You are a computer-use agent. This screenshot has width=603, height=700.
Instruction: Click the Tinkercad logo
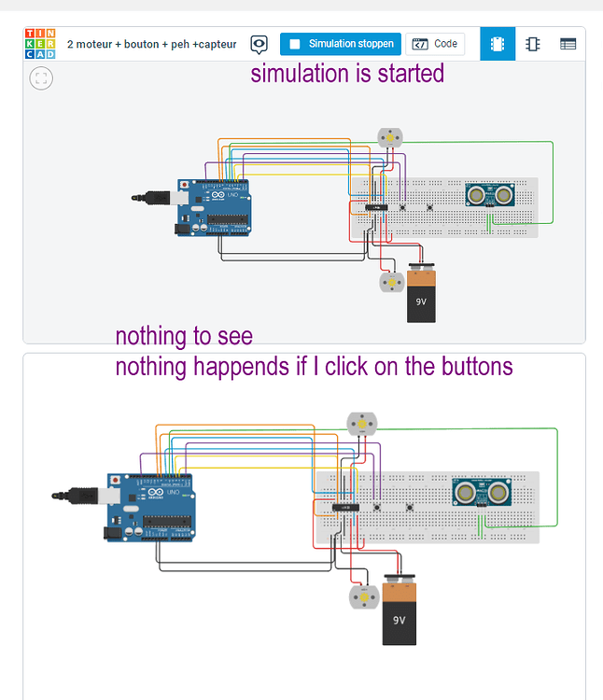(40, 44)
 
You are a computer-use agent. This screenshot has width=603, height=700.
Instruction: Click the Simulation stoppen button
(341, 44)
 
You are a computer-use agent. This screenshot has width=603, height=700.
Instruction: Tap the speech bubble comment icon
(259, 44)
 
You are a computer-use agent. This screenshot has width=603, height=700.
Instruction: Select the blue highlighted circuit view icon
(497, 44)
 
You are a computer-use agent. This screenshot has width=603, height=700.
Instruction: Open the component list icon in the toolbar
(568, 44)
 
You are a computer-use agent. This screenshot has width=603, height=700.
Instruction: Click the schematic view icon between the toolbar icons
(532, 44)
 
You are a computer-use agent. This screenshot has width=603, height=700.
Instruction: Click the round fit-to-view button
(42, 77)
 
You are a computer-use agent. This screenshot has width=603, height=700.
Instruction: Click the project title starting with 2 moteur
(151, 44)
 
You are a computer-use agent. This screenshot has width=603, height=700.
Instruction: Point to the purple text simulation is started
(347, 73)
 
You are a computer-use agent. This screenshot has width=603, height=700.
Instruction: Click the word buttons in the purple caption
(467, 367)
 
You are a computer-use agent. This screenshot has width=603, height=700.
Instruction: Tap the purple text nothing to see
(184, 336)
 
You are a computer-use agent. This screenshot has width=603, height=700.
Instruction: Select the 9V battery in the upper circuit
(421, 294)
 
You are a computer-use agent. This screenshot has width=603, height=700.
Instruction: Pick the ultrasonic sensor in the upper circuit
(491, 195)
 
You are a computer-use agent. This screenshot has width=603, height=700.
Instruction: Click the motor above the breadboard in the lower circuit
(358, 424)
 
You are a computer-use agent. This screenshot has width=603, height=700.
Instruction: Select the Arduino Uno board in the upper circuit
(213, 207)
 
